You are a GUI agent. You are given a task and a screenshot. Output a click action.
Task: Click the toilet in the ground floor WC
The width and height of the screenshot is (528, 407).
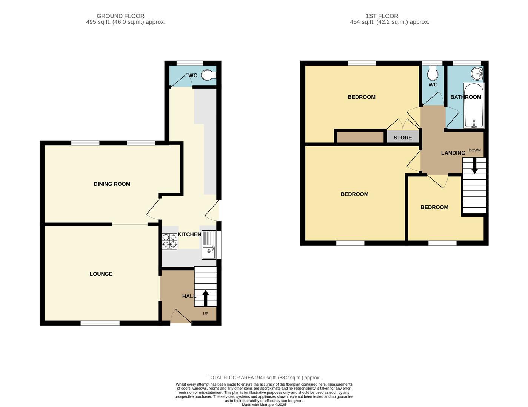(x=208, y=75)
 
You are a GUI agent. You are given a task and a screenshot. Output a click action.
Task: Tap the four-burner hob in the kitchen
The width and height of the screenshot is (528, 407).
(x=169, y=242)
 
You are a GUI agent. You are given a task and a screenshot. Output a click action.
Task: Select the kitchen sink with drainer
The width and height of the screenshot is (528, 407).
(x=209, y=245)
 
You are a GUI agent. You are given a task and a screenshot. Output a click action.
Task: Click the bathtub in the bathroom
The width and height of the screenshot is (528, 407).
(x=474, y=106)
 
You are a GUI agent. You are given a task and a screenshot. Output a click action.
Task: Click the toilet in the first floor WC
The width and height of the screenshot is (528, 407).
(x=432, y=72)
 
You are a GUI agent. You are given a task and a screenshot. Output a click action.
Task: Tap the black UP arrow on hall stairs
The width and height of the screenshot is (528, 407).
(x=206, y=298)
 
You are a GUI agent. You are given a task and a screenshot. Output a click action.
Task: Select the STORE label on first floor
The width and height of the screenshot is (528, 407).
(x=403, y=138)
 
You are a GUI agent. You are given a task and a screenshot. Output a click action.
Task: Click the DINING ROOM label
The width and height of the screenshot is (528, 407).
(x=112, y=184)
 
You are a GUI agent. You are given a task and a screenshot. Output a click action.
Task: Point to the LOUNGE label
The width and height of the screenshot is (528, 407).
(x=101, y=274)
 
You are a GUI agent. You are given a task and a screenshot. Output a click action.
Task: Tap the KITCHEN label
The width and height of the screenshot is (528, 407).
(x=189, y=234)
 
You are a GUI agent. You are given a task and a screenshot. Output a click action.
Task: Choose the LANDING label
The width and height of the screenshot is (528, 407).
(x=453, y=153)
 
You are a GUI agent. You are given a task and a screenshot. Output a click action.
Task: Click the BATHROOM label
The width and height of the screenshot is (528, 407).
(x=466, y=97)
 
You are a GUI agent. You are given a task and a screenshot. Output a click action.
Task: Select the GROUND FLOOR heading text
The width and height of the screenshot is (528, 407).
(x=120, y=16)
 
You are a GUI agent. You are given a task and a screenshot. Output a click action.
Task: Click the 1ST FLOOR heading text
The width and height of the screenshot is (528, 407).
(x=382, y=16)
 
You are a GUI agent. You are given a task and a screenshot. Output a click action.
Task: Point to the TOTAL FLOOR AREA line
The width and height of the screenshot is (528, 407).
(x=264, y=378)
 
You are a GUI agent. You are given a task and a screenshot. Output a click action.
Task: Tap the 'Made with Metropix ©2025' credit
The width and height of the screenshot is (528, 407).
(x=264, y=405)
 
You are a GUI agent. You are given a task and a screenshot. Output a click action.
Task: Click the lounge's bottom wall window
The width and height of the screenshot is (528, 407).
(x=100, y=323)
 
